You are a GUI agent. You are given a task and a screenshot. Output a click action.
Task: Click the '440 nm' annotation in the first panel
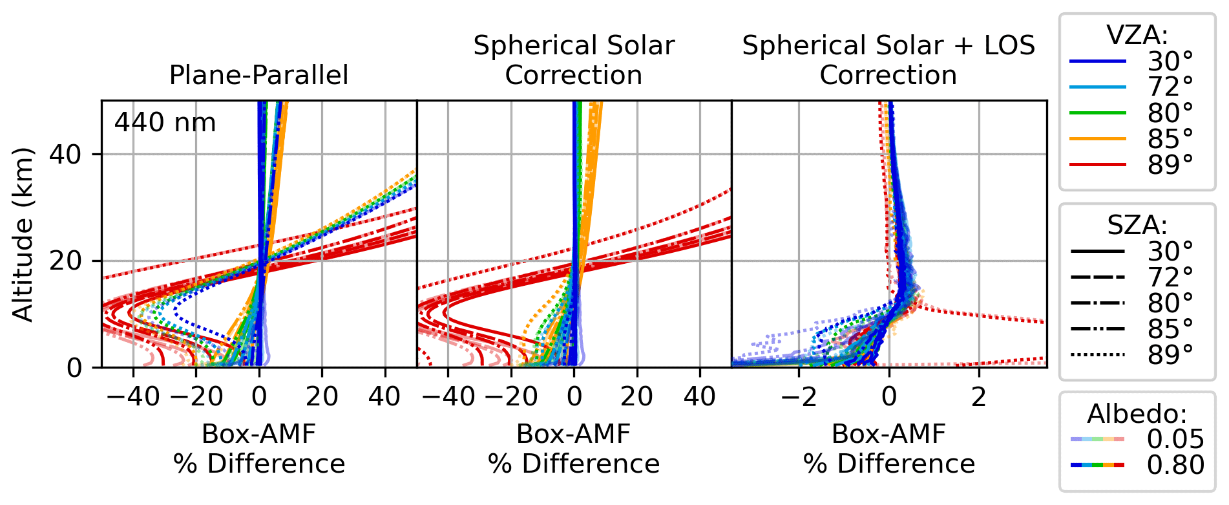pyautogui.click(x=165, y=122)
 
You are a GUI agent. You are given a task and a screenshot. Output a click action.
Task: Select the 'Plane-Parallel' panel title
pyautogui.click(x=258, y=75)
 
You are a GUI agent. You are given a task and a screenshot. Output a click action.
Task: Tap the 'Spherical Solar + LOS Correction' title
pyautogui.click(x=888, y=60)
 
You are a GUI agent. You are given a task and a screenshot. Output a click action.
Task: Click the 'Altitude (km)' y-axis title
pyautogui.click(x=23, y=234)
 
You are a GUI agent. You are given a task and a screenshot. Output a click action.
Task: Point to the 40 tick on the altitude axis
pyautogui.click(x=65, y=155)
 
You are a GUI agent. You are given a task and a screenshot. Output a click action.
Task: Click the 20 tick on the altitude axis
pyautogui.click(x=65, y=261)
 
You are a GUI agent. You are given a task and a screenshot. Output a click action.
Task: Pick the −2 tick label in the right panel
pyautogui.click(x=799, y=396)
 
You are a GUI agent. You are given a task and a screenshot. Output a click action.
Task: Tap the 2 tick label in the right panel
pyautogui.click(x=979, y=396)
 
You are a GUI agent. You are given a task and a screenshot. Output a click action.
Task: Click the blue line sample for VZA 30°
pyautogui.click(x=1098, y=61)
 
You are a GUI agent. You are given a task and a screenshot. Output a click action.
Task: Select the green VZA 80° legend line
pyautogui.click(x=1098, y=113)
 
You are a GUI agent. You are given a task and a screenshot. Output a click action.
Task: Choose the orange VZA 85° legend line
pyautogui.click(x=1098, y=139)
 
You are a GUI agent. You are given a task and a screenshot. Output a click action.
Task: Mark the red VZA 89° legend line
pyautogui.click(x=1098, y=165)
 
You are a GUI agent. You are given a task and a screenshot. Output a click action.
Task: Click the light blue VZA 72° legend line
pyautogui.click(x=1098, y=87)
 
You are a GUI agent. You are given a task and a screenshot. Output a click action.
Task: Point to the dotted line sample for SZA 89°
pyautogui.click(x=1098, y=355)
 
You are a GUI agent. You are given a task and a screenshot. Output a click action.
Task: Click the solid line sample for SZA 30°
pyautogui.click(x=1098, y=251)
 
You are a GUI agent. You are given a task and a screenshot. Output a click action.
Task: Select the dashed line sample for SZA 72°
pyautogui.click(x=1098, y=277)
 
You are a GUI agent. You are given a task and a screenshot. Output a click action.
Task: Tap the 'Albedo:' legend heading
pyautogui.click(x=1137, y=413)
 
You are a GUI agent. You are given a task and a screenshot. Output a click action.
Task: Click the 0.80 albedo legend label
pyautogui.click(x=1175, y=465)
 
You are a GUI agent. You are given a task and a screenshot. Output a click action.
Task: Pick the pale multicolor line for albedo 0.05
pyautogui.click(x=1098, y=439)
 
